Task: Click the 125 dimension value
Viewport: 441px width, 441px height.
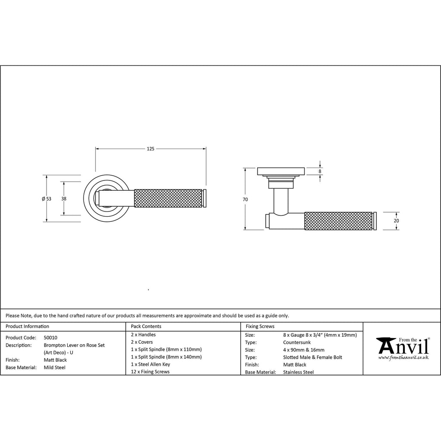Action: pyautogui.click(x=150, y=149)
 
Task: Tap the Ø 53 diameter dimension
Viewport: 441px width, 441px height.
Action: pyautogui.click(x=47, y=199)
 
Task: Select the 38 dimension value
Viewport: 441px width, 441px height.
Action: pyautogui.click(x=64, y=199)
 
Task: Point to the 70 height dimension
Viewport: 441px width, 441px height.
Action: pyautogui.click(x=245, y=199)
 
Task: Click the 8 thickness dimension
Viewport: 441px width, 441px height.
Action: pyautogui.click(x=320, y=171)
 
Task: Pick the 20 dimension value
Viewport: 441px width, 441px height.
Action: pyautogui.click(x=396, y=221)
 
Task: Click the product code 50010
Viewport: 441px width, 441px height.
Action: pyautogui.click(x=51, y=338)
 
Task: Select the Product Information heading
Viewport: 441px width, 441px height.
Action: pyautogui.click(x=27, y=326)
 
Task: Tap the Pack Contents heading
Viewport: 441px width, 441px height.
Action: pyautogui.click(x=146, y=326)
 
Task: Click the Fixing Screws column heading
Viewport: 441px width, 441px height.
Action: pyautogui.click(x=260, y=326)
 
